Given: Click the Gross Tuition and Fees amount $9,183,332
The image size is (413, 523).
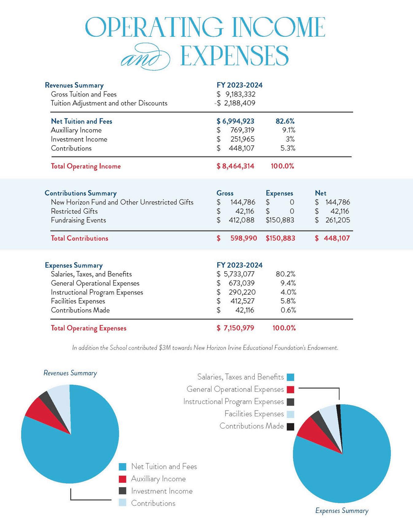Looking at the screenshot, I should [236, 94].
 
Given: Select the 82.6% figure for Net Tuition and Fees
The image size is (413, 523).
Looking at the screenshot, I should [285, 121].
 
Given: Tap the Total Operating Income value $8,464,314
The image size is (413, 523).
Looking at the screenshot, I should [235, 166].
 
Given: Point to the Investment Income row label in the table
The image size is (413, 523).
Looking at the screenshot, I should [79, 139].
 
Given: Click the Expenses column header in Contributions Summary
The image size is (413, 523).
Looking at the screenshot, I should [279, 193].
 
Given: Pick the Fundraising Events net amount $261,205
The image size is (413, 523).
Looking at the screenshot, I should [332, 220].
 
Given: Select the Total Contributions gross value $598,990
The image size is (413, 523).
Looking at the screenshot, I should [237, 238].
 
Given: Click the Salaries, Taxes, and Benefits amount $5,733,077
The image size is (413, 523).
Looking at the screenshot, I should [235, 274].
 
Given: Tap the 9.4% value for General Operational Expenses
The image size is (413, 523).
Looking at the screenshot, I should [288, 283].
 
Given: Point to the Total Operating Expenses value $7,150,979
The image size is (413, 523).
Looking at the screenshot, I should [235, 328].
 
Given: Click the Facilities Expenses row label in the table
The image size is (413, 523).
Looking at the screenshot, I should [78, 301].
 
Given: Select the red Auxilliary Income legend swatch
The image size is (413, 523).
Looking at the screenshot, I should [122, 479].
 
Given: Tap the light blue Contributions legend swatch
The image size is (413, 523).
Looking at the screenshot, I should [122, 503].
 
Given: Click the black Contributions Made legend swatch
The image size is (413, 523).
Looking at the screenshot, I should [290, 426].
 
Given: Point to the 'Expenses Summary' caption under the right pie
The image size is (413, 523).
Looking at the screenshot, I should [342, 511].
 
